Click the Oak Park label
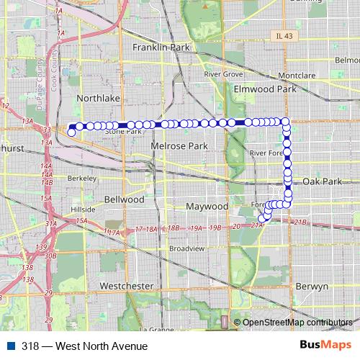(322, 181)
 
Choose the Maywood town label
(207, 206)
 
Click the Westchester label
(126, 286)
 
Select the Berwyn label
(312, 286)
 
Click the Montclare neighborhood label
(297, 75)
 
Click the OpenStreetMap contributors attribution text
(298, 323)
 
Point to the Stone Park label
(123, 132)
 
